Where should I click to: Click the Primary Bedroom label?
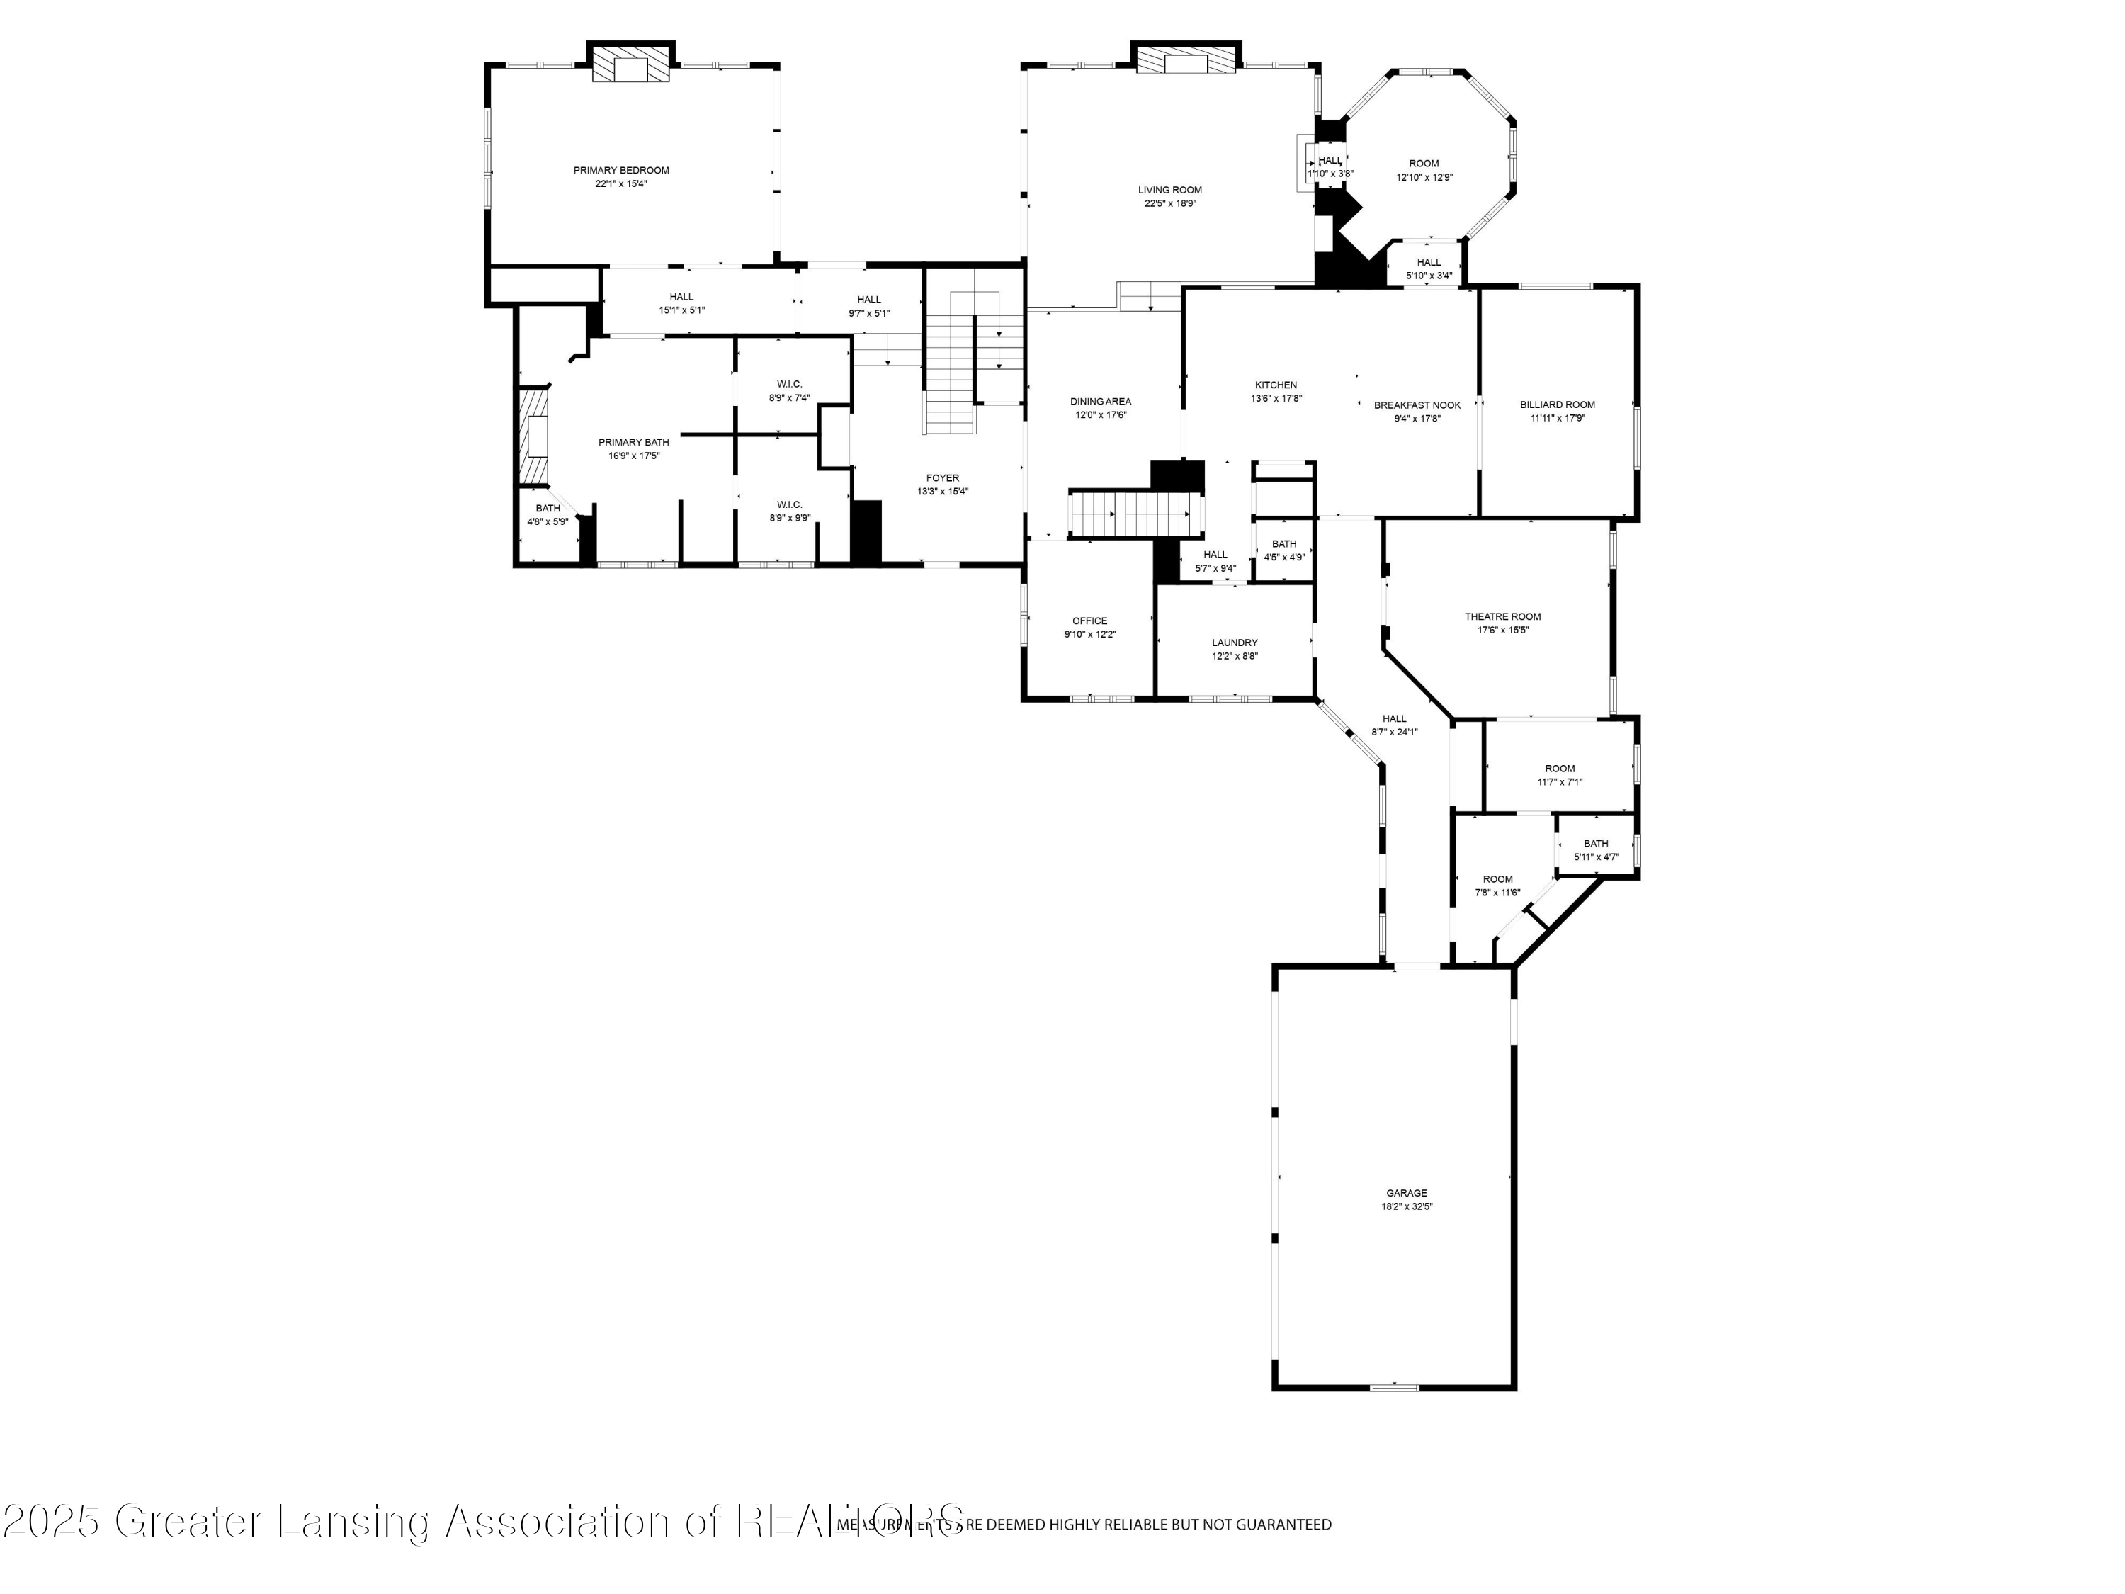pos(620,171)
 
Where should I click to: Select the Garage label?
pos(1407,1193)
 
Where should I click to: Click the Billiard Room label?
pos(1557,405)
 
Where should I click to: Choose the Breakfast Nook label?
pos(1417,405)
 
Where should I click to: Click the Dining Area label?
pos(1101,402)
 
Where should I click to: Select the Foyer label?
pos(942,478)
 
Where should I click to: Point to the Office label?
pos(1089,621)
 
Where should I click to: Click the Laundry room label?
pos(1235,643)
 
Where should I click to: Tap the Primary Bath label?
pos(633,443)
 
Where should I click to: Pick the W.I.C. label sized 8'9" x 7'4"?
pos(790,384)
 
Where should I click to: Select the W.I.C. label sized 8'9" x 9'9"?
pos(790,504)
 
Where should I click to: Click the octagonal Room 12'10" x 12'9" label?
pos(1424,164)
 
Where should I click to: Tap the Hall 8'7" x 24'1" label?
pos(1394,718)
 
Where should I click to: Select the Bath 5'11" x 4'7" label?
pos(1596,844)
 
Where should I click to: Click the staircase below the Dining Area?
pos(1135,514)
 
